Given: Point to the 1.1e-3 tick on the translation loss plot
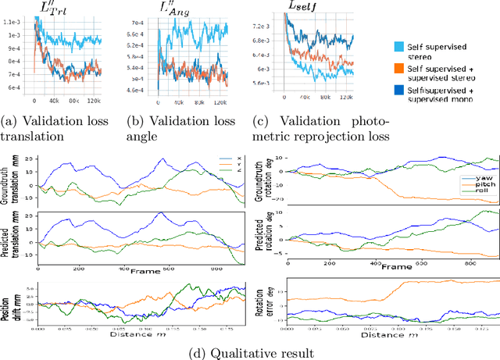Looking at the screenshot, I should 15,36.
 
